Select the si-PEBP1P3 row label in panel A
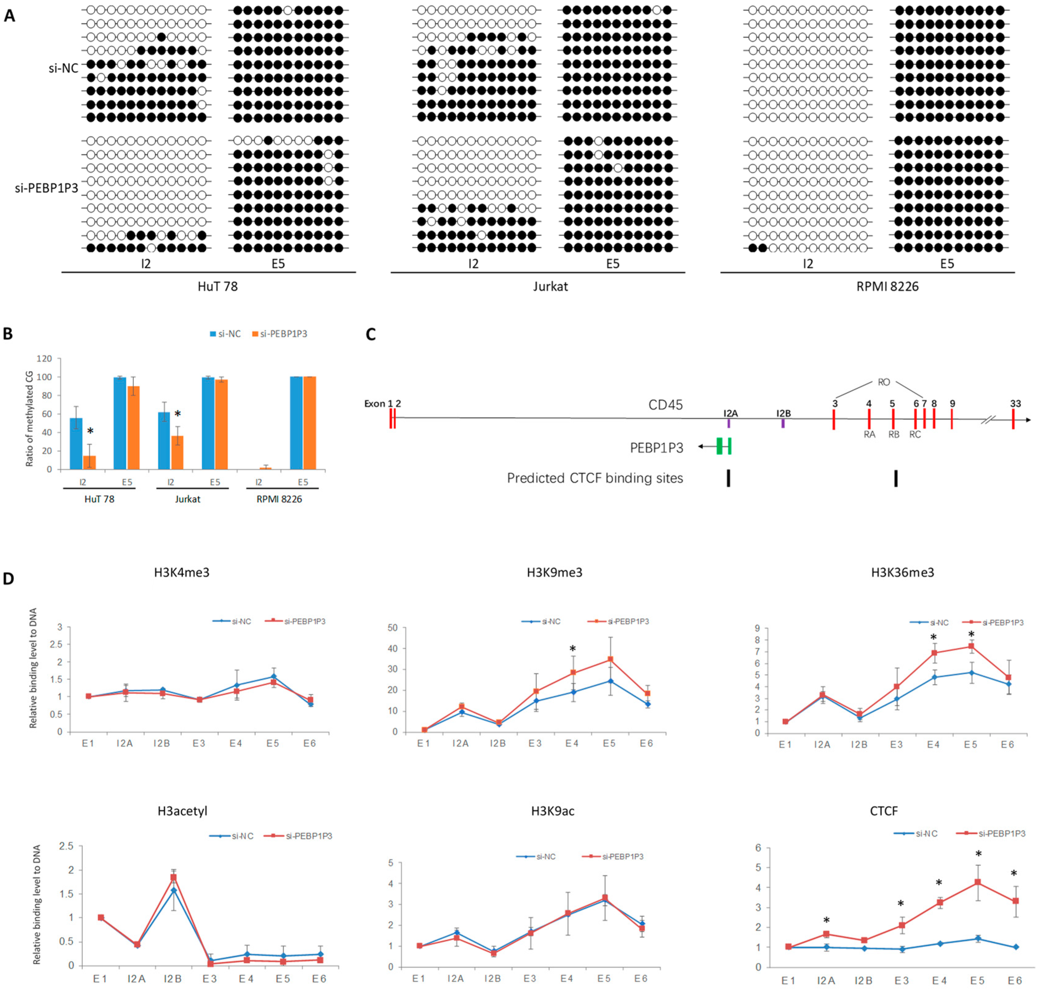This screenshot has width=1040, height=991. tap(46, 188)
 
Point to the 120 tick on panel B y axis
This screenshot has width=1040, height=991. tap(44, 359)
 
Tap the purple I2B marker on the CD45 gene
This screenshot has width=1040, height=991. tap(783, 423)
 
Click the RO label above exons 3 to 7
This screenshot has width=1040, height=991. tap(883, 382)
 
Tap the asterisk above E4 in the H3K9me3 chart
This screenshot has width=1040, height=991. tap(572, 649)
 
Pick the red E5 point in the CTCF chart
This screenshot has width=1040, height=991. tap(978, 882)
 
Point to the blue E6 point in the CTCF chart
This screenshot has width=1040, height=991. tap(1015, 947)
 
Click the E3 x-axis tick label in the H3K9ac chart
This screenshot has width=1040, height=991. tap(530, 978)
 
